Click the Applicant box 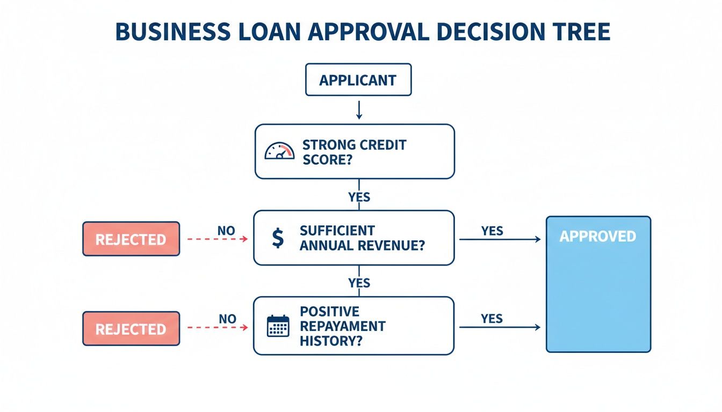(358, 80)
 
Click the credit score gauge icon (280, 151)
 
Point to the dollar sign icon (278, 238)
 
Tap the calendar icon (278, 326)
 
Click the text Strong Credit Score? (354, 152)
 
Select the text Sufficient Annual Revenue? (362, 238)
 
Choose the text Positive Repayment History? (342, 326)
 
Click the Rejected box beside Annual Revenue (131, 239)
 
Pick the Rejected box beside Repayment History (131, 328)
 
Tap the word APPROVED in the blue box (597, 237)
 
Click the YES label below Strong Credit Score (359, 197)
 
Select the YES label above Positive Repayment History (359, 283)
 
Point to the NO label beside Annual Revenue (226, 231)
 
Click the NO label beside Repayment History (227, 319)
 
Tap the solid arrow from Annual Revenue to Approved (500, 239)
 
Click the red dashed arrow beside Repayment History (217, 327)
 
